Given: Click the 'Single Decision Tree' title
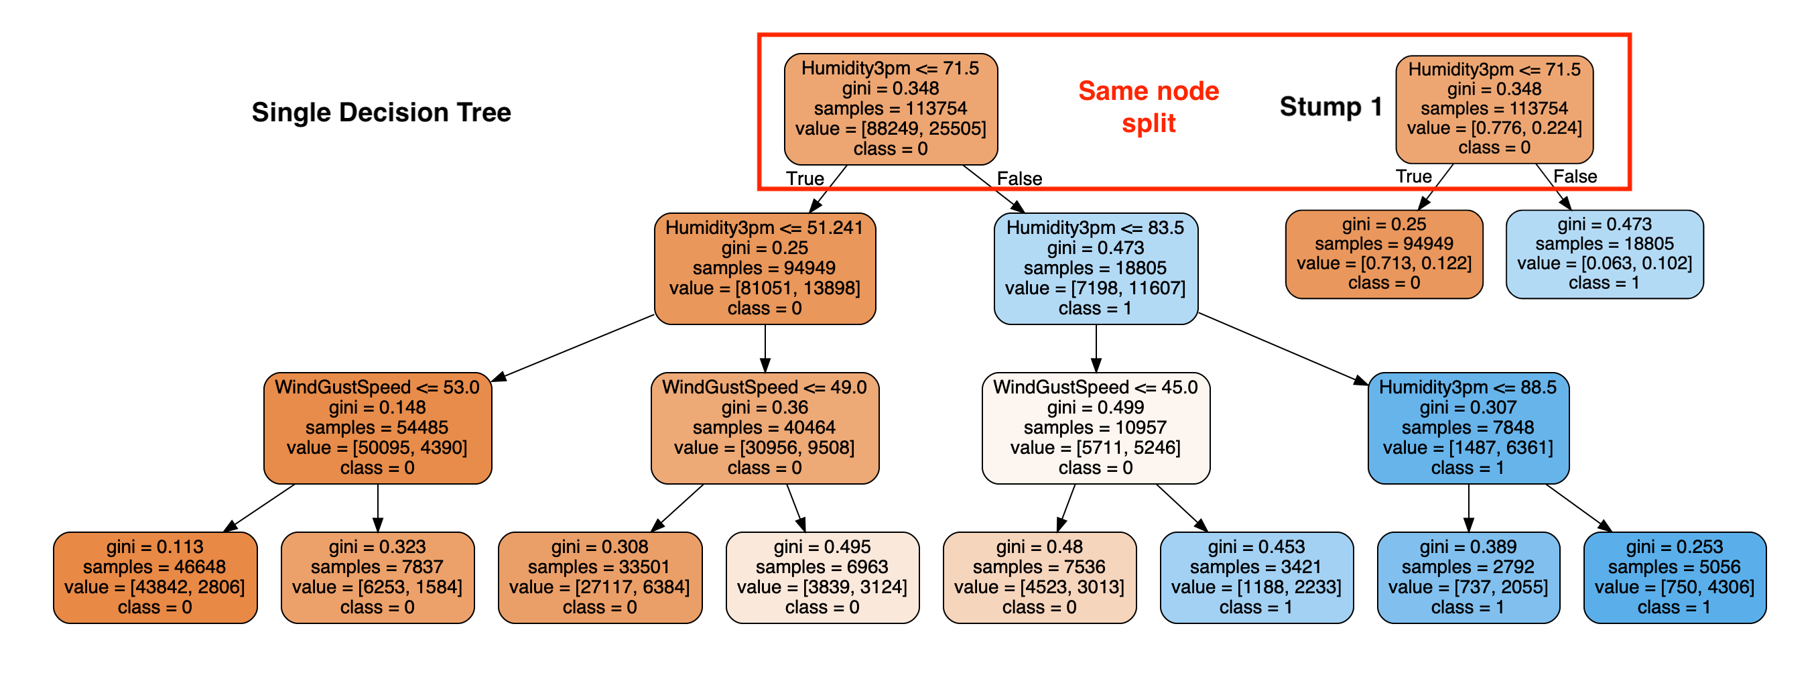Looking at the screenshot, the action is click(x=381, y=113).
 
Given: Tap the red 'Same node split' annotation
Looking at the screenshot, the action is click(x=1149, y=107).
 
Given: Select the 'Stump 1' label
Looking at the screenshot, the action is click(x=1331, y=107).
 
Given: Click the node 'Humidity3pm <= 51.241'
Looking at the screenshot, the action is click(x=765, y=269).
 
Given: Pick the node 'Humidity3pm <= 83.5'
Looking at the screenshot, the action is click(x=1096, y=269).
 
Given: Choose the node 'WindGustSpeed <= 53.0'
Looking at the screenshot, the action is click(x=378, y=428).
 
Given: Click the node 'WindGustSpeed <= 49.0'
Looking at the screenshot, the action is click(x=765, y=428).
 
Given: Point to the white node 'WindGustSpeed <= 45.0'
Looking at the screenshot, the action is click(x=1096, y=428).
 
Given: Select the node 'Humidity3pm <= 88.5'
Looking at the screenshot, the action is click(x=1469, y=428).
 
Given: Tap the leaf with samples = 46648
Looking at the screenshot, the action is click(x=155, y=577).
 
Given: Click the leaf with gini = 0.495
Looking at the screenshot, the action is click(x=823, y=577).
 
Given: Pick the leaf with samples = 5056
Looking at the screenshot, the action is click(x=1675, y=577).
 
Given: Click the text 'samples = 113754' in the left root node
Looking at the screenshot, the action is click(x=891, y=108).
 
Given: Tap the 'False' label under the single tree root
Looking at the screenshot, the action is click(x=1019, y=178).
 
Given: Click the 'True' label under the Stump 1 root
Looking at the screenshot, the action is click(x=1414, y=176).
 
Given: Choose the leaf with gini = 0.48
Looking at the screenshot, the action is click(x=1040, y=577).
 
